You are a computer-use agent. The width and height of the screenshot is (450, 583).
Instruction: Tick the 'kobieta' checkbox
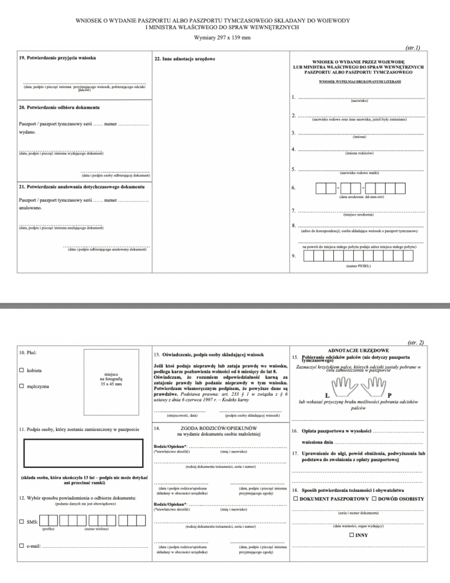[x=22, y=371]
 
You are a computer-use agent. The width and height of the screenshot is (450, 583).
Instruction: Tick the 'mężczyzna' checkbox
[x=22, y=387]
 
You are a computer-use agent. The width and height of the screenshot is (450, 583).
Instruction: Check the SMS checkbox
[x=22, y=521]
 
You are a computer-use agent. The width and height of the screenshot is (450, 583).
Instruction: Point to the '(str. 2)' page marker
[x=416, y=343]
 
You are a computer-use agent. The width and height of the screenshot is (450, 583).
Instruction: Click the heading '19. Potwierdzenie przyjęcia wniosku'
[x=57, y=59]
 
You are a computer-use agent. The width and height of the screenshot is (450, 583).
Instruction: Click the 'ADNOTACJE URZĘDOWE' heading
[x=358, y=350]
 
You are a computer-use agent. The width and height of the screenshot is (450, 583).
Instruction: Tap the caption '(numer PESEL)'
[x=358, y=266]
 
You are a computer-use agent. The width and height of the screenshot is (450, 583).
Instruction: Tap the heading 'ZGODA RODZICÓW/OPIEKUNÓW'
[x=219, y=427]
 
